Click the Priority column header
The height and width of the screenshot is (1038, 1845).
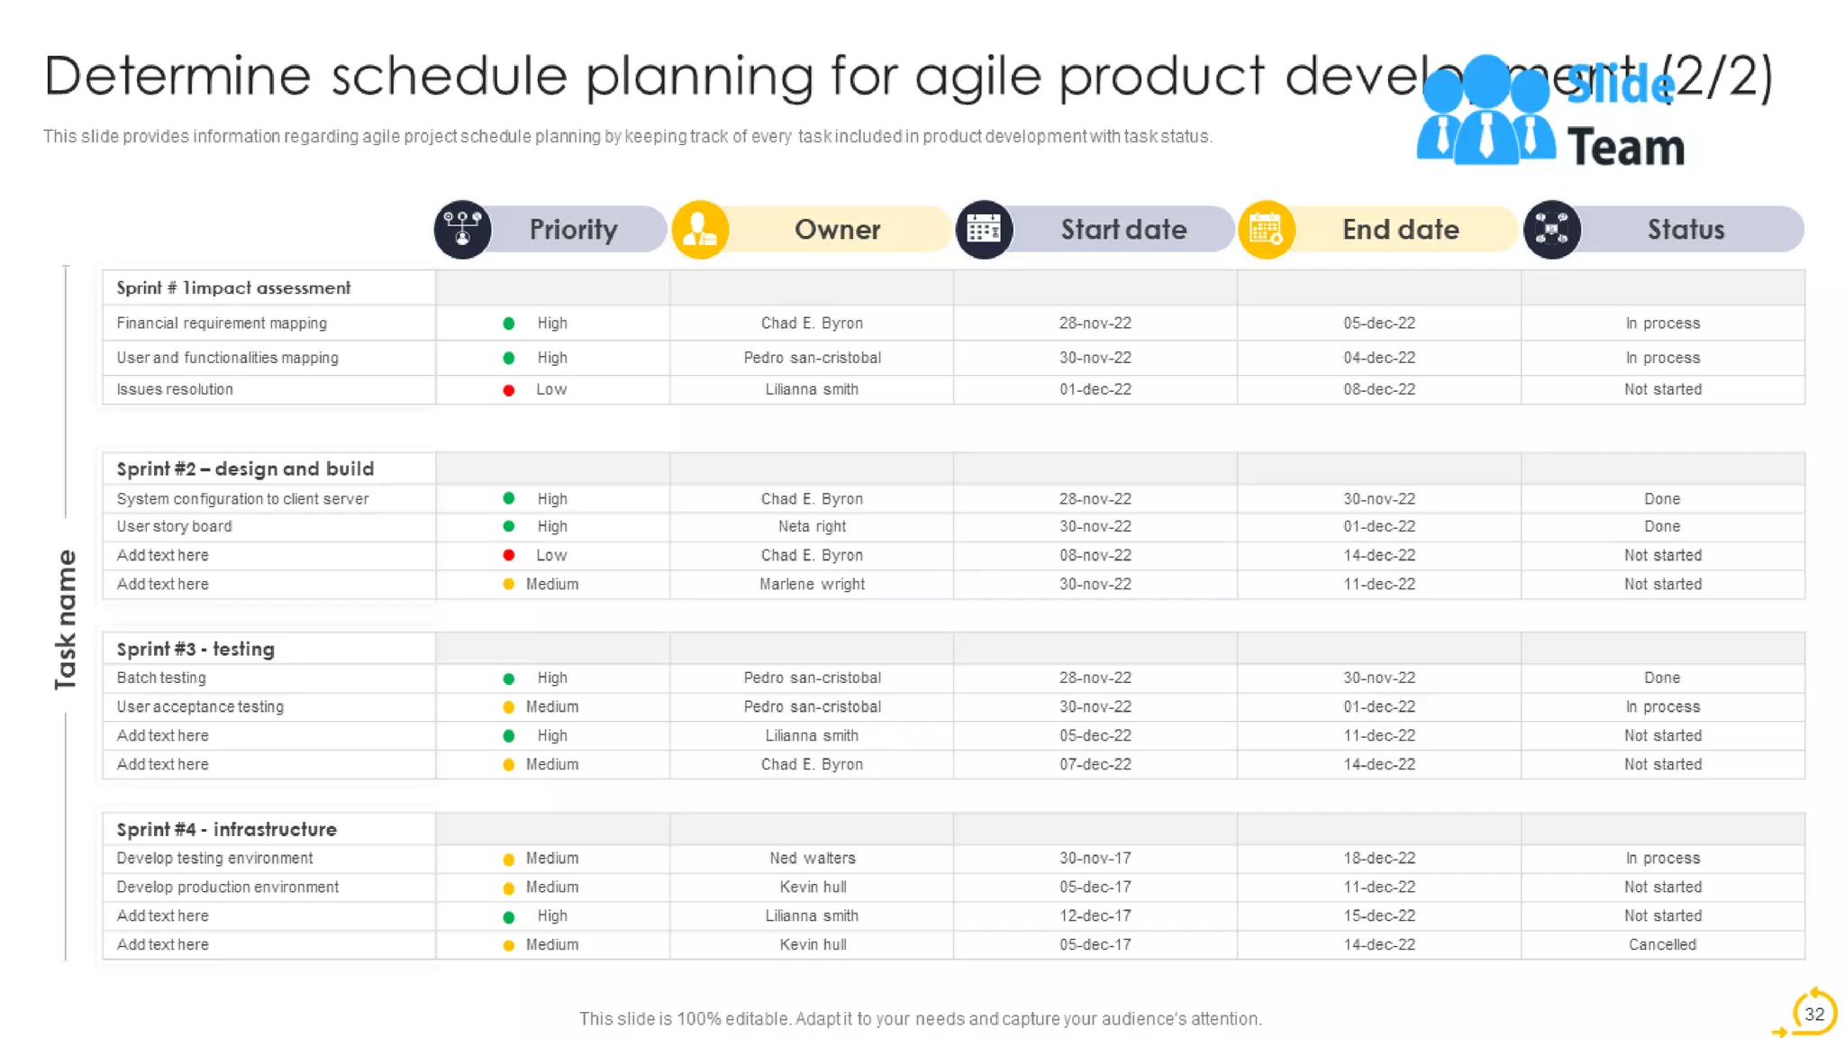click(573, 230)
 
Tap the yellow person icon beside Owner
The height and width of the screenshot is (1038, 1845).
click(700, 230)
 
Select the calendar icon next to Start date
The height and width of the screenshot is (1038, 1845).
click(984, 230)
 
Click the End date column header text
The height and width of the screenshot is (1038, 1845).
click(1400, 230)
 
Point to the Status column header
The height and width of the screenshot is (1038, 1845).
click(1685, 230)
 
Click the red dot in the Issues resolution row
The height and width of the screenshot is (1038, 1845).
click(509, 390)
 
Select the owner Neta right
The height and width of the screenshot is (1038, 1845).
click(812, 526)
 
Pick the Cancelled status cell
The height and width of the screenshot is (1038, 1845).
click(1662, 944)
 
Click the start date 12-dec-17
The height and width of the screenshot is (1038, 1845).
click(1095, 915)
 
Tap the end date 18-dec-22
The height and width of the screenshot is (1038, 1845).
click(1378, 858)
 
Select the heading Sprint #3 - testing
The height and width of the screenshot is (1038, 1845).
click(195, 649)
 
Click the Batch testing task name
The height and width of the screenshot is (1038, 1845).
click(161, 678)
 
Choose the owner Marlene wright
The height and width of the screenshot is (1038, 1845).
click(812, 584)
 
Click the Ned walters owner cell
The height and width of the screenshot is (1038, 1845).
click(812, 858)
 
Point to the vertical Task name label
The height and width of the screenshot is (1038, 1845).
click(66, 620)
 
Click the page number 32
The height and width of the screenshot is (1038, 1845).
click(1813, 1014)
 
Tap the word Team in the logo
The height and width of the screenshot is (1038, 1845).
click(1625, 148)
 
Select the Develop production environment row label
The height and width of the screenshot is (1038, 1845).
click(227, 887)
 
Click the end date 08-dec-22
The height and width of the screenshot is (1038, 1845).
click(1378, 389)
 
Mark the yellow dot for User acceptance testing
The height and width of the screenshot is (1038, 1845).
click(509, 707)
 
